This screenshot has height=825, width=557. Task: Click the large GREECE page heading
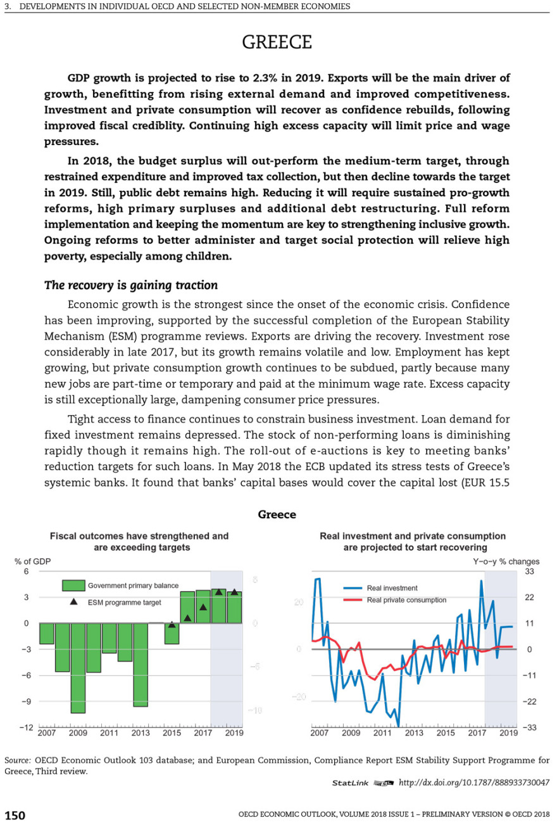point(277,42)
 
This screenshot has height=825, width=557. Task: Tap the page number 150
point(16,815)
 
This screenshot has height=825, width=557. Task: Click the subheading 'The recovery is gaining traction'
point(130,285)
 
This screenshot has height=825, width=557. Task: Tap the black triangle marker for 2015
point(172,625)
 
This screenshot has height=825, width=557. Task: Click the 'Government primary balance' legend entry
point(133,585)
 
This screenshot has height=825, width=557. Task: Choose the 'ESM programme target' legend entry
point(124,603)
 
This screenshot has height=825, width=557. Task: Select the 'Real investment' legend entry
point(392,588)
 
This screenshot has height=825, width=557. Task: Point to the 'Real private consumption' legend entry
point(406,599)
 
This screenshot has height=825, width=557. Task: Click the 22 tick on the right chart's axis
point(530,598)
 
